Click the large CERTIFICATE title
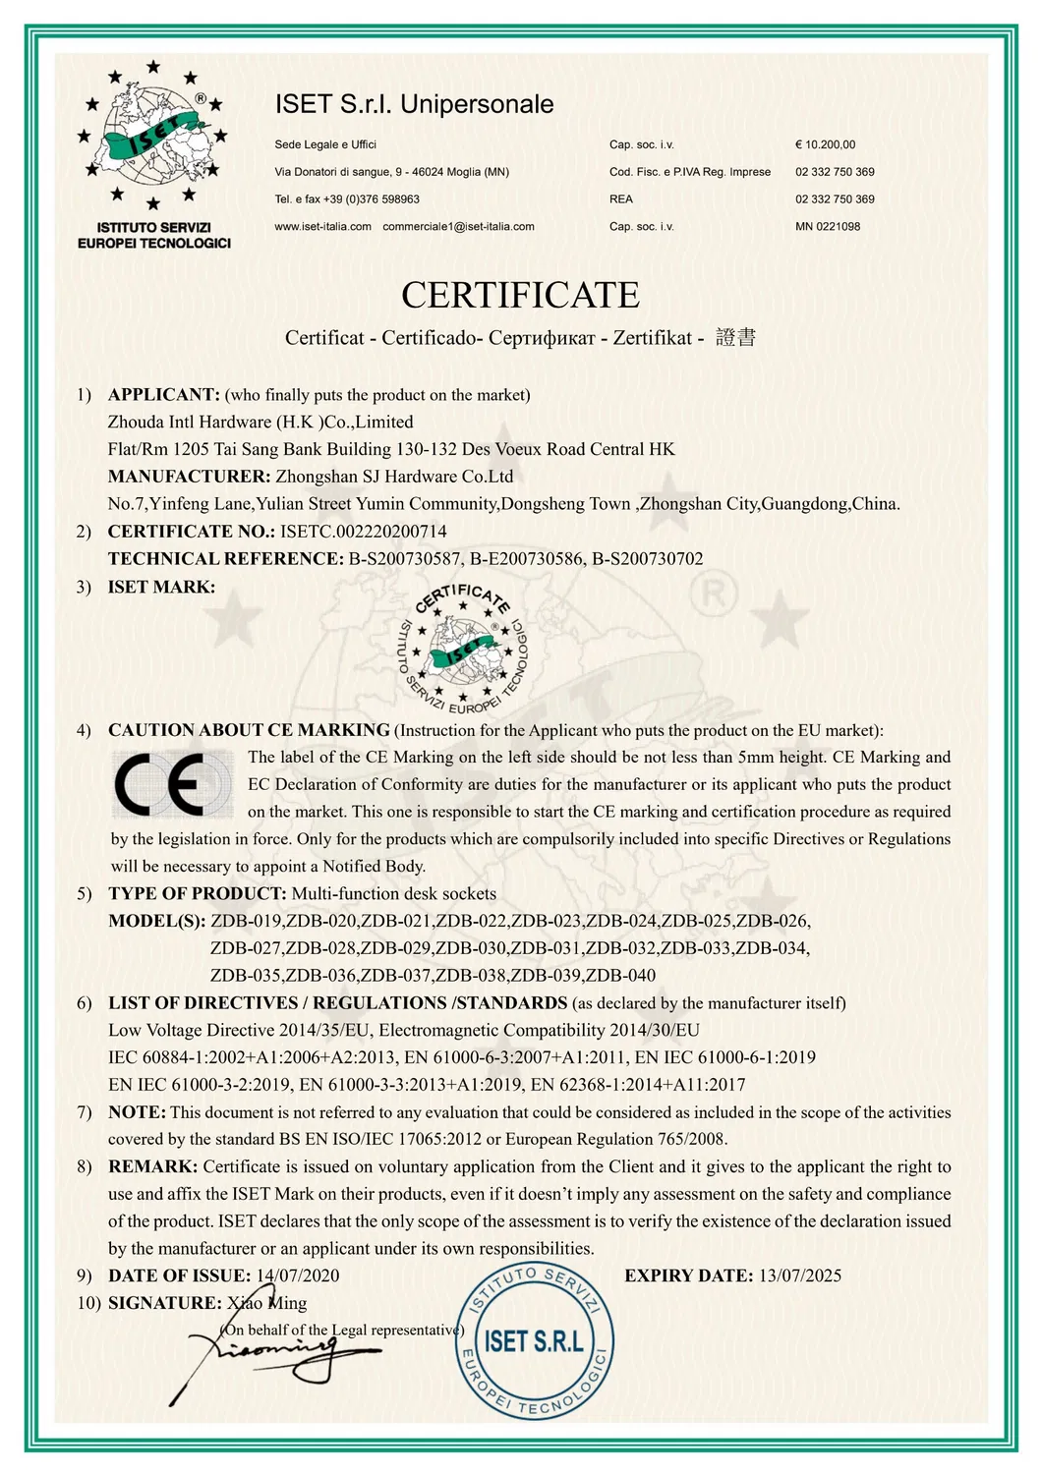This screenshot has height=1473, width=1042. (520, 295)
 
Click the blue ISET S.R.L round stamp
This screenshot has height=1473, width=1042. (533, 1342)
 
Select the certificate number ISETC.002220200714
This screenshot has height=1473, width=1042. (364, 532)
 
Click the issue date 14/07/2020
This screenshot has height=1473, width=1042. (298, 1275)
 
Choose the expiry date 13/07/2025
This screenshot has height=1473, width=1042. (799, 1275)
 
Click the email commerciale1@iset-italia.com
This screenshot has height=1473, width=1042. (458, 227)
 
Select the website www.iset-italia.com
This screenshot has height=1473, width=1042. (322, 227)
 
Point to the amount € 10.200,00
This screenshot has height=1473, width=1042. (825, 144)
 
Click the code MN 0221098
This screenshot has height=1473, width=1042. (828, 227)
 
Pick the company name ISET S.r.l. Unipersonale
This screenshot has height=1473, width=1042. (414, 104)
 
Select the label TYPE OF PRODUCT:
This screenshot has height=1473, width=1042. (198, 894)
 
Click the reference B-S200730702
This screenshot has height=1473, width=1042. (647, 559)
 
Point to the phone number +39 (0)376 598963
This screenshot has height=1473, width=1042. (371, 199)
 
